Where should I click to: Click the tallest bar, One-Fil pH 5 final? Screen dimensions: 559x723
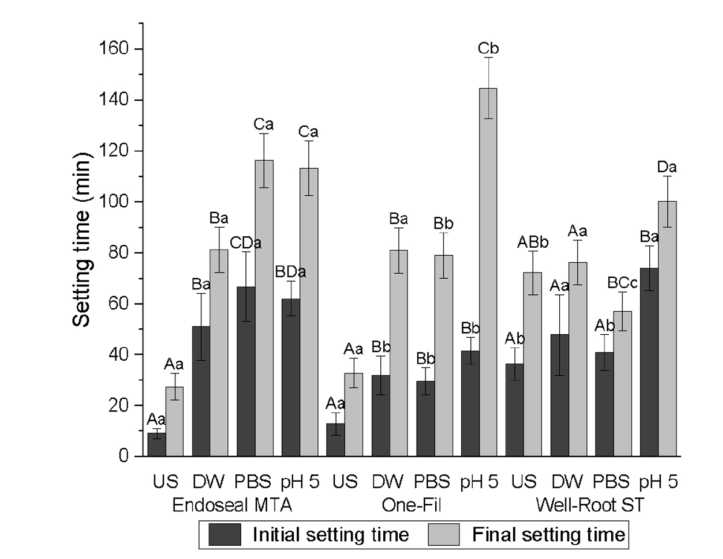coord(488,272)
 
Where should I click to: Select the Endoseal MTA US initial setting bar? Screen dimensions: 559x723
coord(157,444)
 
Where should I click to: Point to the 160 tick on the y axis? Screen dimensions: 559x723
coord(141,49)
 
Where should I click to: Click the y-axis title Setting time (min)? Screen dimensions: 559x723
coord(83,242)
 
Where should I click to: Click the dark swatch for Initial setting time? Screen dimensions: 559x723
coord(225,534)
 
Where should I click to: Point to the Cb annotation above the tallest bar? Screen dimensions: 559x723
coord(488,48)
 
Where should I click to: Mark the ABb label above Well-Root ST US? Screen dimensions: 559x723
coord(533,242)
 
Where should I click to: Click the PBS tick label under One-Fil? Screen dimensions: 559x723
coord(432,482)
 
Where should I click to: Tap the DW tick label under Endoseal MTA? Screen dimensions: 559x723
coord(209,482)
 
